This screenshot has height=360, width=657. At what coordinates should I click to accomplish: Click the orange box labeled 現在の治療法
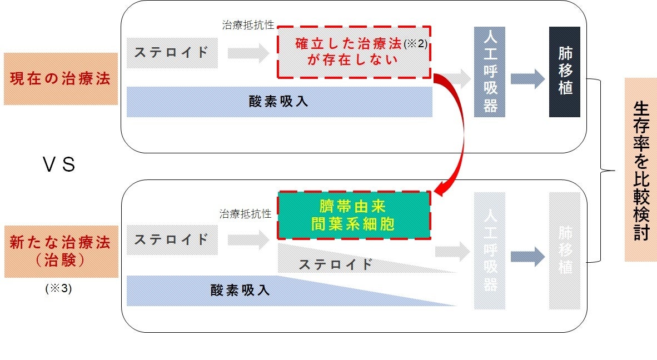61,79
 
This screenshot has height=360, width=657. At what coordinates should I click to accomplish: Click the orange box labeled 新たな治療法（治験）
61,252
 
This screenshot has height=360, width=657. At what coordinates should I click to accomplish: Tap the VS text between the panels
58,166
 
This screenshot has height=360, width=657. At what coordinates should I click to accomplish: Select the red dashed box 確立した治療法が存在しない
354,52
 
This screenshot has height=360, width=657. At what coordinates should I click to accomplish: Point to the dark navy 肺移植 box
565,72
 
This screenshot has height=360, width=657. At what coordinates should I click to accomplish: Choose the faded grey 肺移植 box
565,251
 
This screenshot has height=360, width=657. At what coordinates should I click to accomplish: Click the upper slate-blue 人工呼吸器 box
489,72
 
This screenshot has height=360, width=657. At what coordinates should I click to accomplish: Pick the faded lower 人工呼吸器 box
489,251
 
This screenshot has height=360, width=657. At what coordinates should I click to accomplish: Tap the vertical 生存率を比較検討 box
640,169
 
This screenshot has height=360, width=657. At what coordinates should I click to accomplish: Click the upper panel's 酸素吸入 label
279,102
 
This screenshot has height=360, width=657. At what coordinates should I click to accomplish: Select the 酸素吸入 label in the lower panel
240,290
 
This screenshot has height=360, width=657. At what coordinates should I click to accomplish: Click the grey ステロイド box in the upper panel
172,53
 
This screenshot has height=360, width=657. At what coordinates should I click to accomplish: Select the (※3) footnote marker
58,289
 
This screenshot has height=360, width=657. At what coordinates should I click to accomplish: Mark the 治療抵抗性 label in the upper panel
248,25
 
